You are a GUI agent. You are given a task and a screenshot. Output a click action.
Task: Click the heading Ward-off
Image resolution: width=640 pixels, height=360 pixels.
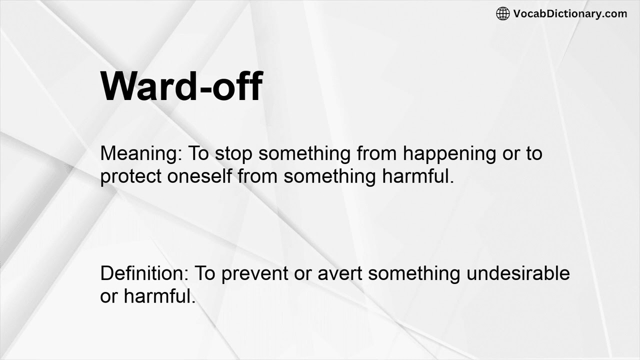(x=181, y=86)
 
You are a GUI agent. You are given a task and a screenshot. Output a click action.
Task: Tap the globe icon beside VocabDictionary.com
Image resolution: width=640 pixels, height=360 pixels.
(x=502, y=14)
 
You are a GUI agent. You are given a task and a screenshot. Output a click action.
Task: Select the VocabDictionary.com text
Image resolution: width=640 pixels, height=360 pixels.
(x=570, y=14)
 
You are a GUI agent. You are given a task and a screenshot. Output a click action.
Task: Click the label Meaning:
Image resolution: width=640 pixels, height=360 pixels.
(x=141, y=153)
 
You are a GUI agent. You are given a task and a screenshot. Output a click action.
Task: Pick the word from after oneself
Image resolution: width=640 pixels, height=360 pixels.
(x=258, y=176)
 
